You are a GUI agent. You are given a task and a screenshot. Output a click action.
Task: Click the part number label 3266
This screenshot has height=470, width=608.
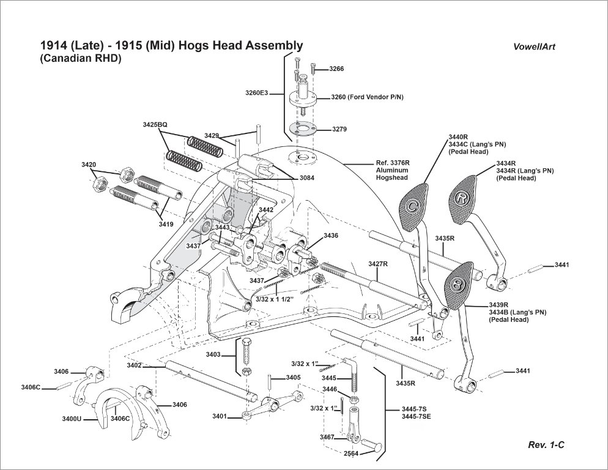(336, 69)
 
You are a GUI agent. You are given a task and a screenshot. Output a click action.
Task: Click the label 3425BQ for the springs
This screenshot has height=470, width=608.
(155, 124)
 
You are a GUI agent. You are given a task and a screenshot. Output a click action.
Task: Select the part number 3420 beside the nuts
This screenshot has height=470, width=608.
(89, 165)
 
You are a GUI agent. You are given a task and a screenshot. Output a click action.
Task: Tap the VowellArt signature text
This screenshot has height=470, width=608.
(535, 47)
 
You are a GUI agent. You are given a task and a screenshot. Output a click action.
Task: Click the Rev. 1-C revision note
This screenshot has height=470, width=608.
(546, 445)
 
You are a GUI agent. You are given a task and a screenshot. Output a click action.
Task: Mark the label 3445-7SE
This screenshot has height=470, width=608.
(416, 417)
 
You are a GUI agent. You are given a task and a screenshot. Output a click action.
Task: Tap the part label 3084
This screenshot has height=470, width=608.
(308, 177)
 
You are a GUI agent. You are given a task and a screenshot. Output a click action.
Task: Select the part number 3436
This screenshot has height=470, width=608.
(330, 235)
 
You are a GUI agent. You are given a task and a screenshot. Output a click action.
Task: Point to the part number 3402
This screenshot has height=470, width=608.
(134, 365)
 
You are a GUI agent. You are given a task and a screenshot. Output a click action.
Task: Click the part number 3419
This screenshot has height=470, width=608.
(166, 225)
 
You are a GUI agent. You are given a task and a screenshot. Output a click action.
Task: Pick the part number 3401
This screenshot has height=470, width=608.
(220, 416)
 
